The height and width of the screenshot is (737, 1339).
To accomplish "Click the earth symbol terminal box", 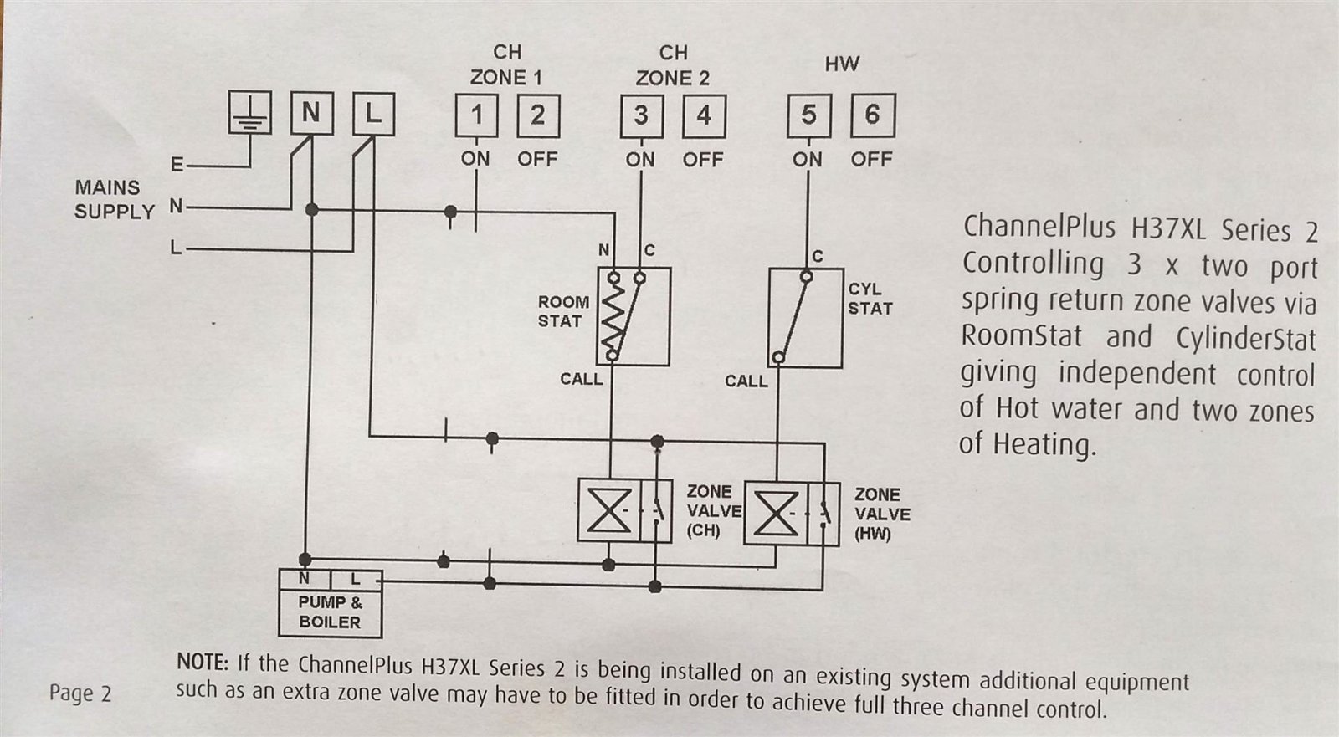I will tap(250, 113).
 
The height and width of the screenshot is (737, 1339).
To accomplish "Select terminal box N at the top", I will tap(311, 113).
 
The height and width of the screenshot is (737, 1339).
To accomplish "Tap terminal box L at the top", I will tap(373, 113).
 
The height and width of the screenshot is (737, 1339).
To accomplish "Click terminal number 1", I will tap(476, 115).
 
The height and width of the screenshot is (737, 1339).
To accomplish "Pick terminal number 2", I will tap(537, 115).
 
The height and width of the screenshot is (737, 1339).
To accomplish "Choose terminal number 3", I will tap(641, 115).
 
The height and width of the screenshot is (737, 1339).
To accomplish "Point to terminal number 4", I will tap(704, 115).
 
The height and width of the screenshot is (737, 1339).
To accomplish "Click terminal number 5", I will tap(808, 115).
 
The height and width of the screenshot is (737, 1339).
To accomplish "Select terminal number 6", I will tap(872, 115).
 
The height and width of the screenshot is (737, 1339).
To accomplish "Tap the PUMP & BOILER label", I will tap(330, 612).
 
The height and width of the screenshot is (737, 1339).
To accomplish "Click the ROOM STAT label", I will tap(563, 311).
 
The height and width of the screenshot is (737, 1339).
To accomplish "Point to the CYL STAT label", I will tap(870, 299).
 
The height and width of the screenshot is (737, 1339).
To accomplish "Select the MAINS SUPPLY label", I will tap(115, 199).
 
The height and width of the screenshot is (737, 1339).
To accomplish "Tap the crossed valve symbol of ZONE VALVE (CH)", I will tap(608, 510).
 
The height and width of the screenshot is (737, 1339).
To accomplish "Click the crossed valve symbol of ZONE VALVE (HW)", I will tap(775, 512).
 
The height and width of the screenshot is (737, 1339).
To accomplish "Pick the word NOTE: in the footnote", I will tap(203, 663).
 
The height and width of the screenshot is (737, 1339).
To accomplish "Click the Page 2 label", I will tap(80, 693).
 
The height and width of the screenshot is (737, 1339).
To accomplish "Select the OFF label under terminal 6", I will tap(871, 159).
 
